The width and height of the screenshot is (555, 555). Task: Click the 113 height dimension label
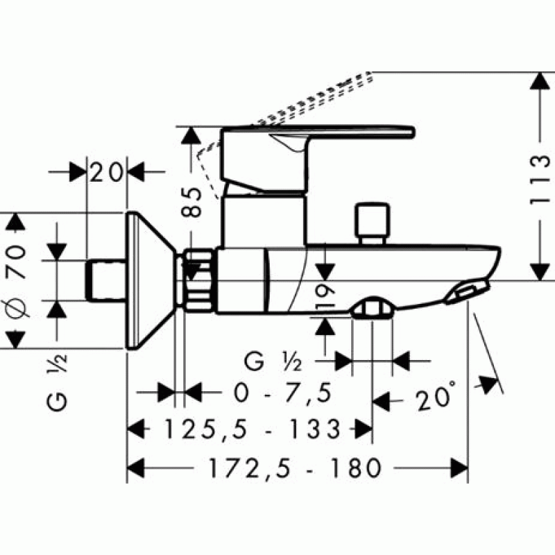[540, 180]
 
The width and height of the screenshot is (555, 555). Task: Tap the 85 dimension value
[191, 202]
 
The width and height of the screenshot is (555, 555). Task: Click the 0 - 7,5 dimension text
[282, 392]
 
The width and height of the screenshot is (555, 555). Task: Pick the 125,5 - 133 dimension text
[253, 429]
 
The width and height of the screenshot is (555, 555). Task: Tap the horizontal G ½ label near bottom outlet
[273, 361]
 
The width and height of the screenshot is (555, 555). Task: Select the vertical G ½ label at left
[57, 382]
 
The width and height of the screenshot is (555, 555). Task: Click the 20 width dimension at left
[106, 172]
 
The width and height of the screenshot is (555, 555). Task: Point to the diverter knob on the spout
[373, 223]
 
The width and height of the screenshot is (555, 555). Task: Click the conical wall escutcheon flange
[151, 281]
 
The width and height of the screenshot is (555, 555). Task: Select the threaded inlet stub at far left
[106, 281]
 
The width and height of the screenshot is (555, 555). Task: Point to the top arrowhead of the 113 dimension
[540, 81]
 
